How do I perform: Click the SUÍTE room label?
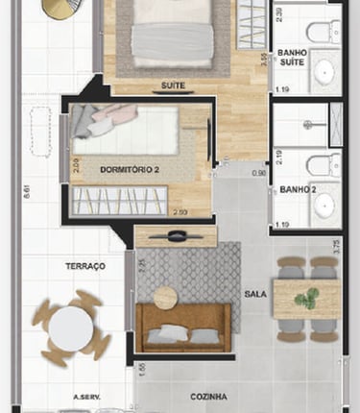pos(173,85)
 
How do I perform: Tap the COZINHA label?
pos(207,396)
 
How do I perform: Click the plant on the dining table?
pos(307,299)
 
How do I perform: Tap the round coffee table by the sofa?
pos(166,298)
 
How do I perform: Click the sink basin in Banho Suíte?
pos(324,70)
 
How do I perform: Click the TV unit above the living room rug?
pos(175,236)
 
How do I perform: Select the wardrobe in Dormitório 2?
pos(120,201)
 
